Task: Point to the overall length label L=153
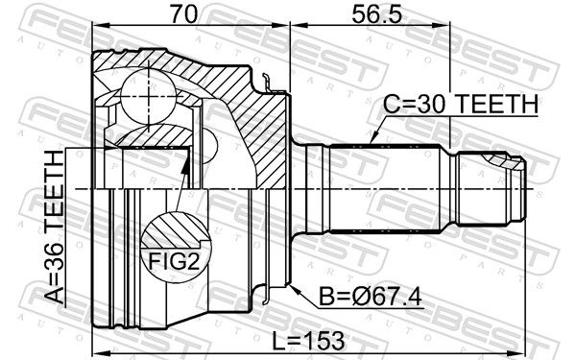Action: pos(308,341)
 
